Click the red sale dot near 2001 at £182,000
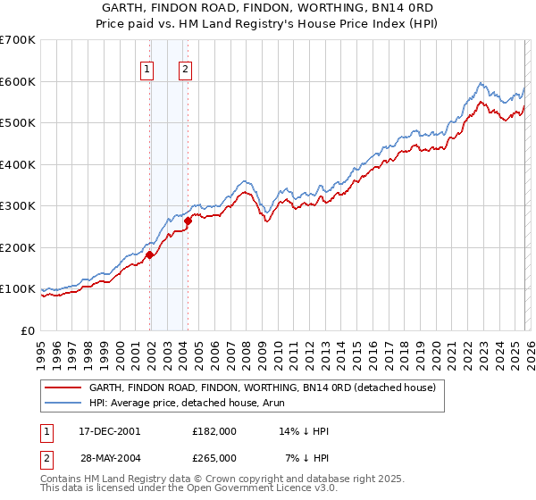click(150, 254)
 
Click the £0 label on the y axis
click(27, 330)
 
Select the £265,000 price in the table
click(214, 457)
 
